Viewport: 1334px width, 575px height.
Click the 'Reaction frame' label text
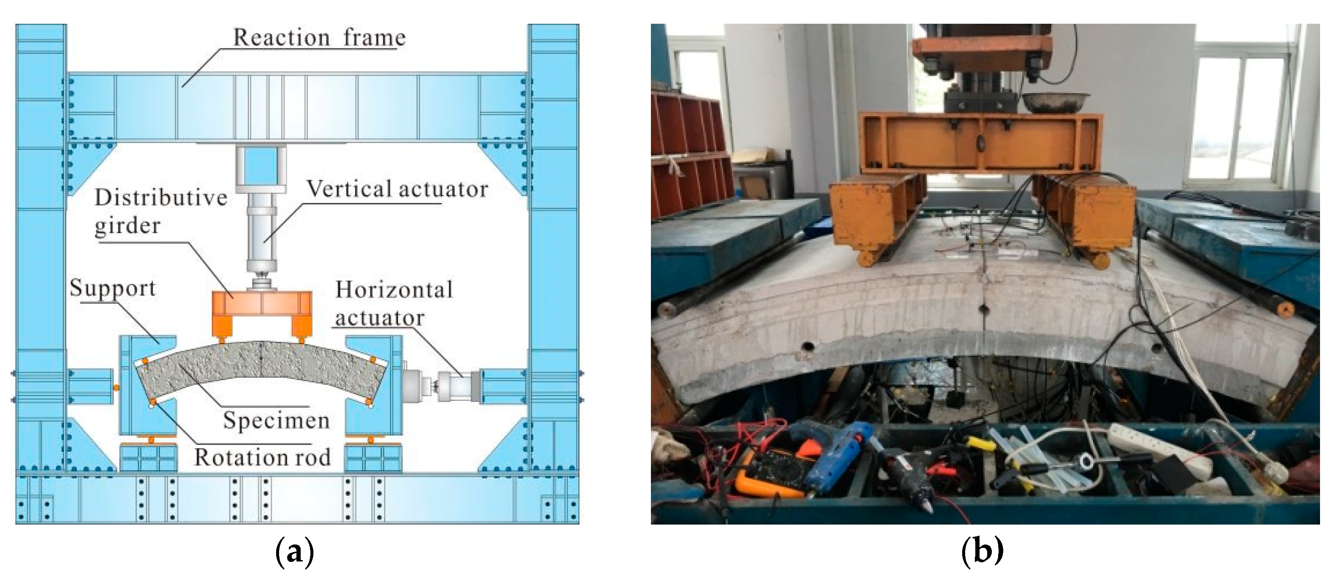(x=319, y=37)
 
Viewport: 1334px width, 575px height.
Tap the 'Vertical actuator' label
(x=397, y=189)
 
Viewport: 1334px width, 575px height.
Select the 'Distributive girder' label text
(x=161, y=211)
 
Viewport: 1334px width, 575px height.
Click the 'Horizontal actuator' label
(x=393, y=303)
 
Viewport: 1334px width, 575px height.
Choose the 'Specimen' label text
(x=276, y=420)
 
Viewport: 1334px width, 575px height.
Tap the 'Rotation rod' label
(x=262, y=457)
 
